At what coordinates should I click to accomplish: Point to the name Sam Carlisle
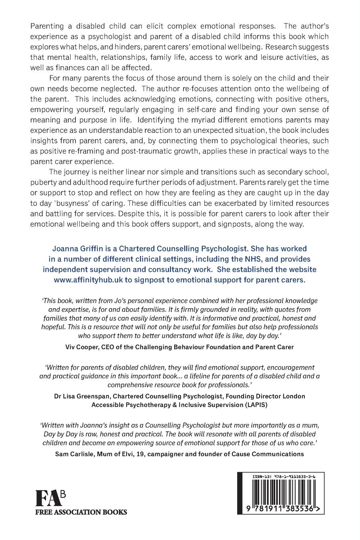tap(76, 454)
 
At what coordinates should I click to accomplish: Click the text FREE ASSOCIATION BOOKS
tap(81, 512)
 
